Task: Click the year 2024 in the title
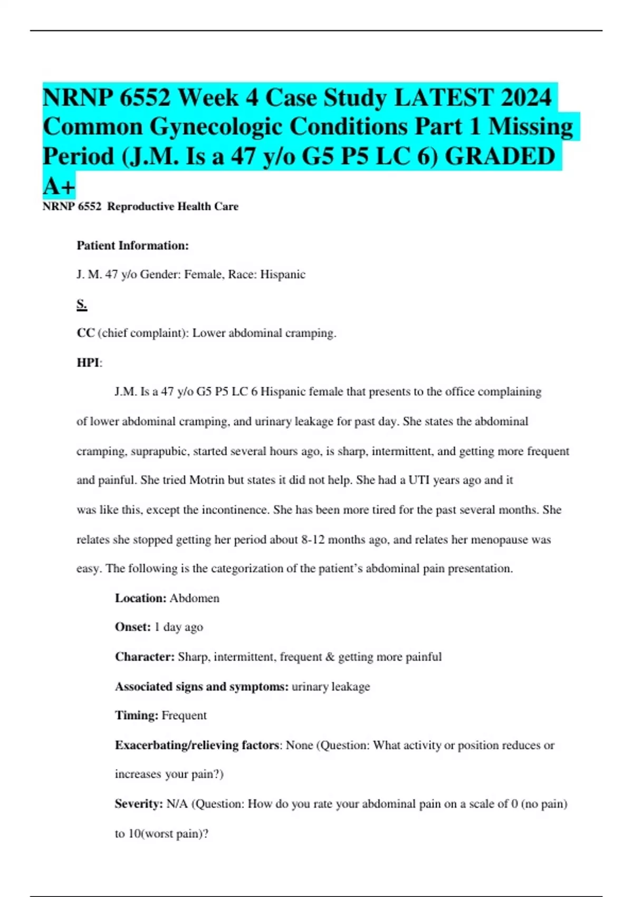point(526,98)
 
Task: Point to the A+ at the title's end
point(59,186)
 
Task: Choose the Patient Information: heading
point(133,245)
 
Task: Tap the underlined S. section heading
point(82,304)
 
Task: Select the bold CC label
point(85,333)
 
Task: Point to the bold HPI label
point(88,362)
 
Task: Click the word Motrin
point(207,480)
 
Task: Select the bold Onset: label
point(133,627)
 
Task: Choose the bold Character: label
point(145,657)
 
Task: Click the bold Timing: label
point(137,715)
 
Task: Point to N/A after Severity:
point(177,804)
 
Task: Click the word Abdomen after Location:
point(194,598)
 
